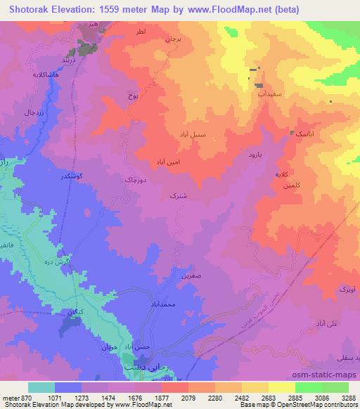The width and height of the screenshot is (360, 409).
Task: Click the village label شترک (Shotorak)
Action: [179, 197]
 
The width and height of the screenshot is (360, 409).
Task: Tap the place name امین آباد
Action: [170, 161]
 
